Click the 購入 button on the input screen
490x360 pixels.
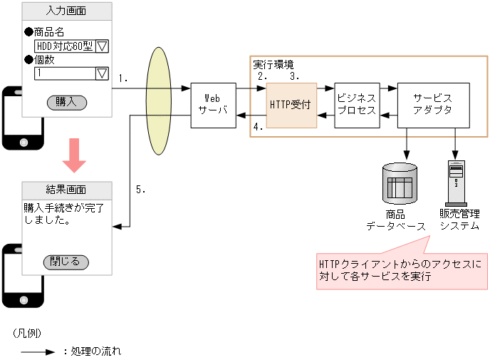coord(66,102)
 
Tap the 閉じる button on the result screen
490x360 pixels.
coord(66,261)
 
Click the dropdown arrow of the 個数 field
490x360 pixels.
coord(101,73)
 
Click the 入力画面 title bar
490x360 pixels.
coord(67,11)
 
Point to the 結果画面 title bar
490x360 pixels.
coord(67,190)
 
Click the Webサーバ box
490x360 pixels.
coord(214,105)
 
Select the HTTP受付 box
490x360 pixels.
coord(291,105)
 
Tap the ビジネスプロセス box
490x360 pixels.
coord(357,105)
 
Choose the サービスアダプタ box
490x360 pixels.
coord(433,105)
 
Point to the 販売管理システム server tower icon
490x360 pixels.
coord(456,182)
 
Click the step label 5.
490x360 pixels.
coord(141,190)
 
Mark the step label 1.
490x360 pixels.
coord(123,78)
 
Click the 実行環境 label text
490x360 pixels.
coord(273,64)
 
